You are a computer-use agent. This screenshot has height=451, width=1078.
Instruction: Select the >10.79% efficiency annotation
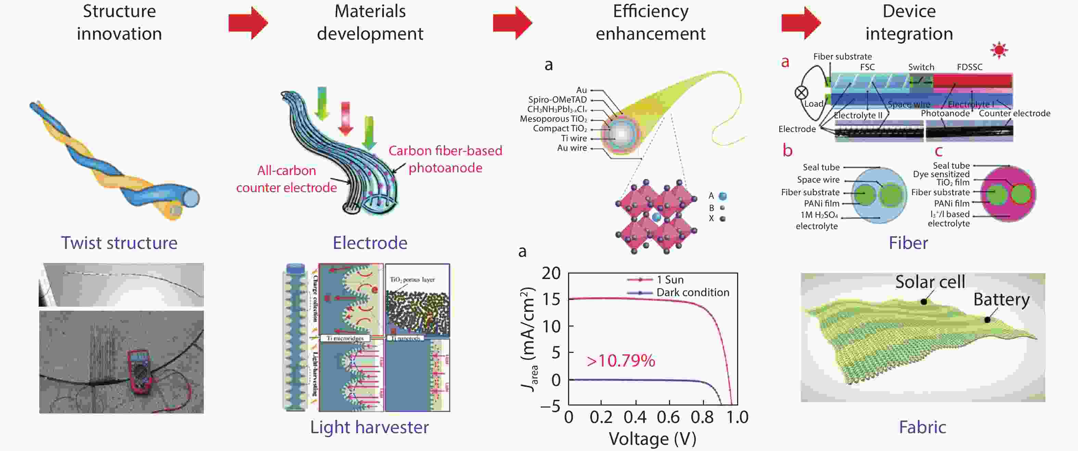(620, 361)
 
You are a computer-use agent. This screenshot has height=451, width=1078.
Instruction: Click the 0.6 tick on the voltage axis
(669, 417)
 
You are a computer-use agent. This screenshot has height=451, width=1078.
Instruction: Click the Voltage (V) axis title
(652, 439)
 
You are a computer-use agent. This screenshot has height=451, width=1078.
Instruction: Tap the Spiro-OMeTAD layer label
(557, 100)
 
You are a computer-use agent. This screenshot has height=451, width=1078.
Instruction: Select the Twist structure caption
(119, 243)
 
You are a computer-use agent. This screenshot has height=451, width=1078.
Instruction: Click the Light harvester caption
(370, 427)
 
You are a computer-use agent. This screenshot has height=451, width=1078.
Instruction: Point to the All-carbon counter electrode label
(287, 179)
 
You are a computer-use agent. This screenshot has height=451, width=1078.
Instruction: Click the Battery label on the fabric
(1001, 300)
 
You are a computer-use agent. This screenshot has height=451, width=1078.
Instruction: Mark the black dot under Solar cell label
(924, 301)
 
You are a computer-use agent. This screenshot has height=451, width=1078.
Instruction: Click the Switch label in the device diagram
(921, 67)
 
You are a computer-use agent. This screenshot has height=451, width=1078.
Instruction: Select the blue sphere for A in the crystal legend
(723, 196)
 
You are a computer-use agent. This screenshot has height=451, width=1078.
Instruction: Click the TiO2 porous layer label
(412, 279)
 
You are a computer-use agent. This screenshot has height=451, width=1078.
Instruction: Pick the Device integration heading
(909, 23)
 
